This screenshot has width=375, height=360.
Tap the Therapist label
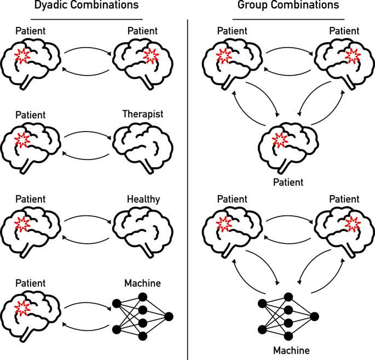(x=143, y=115)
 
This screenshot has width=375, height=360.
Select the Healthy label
(x=143, y=199)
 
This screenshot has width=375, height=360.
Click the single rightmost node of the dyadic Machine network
(x=168, y=316)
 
